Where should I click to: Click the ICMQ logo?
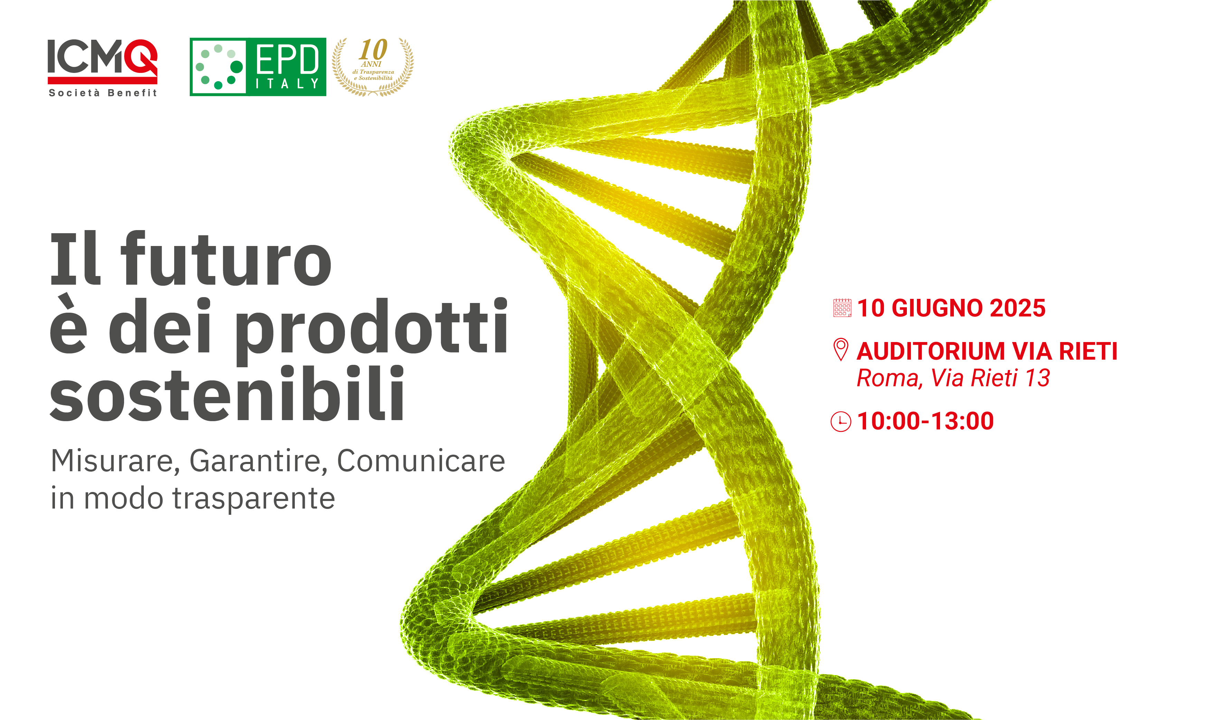[102, 68]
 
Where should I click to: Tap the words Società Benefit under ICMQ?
[103, 93]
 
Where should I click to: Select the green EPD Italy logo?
[258, 67]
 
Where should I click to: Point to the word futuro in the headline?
[226, 259]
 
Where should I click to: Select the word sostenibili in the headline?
[227, 392]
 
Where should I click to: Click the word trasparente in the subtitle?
[254, 498]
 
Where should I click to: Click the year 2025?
[1017, 308]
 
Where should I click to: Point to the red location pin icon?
[841, 349]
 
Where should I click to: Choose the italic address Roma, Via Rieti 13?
[953, 378]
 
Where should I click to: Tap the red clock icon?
[841, 421]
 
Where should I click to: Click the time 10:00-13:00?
[926, 421]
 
